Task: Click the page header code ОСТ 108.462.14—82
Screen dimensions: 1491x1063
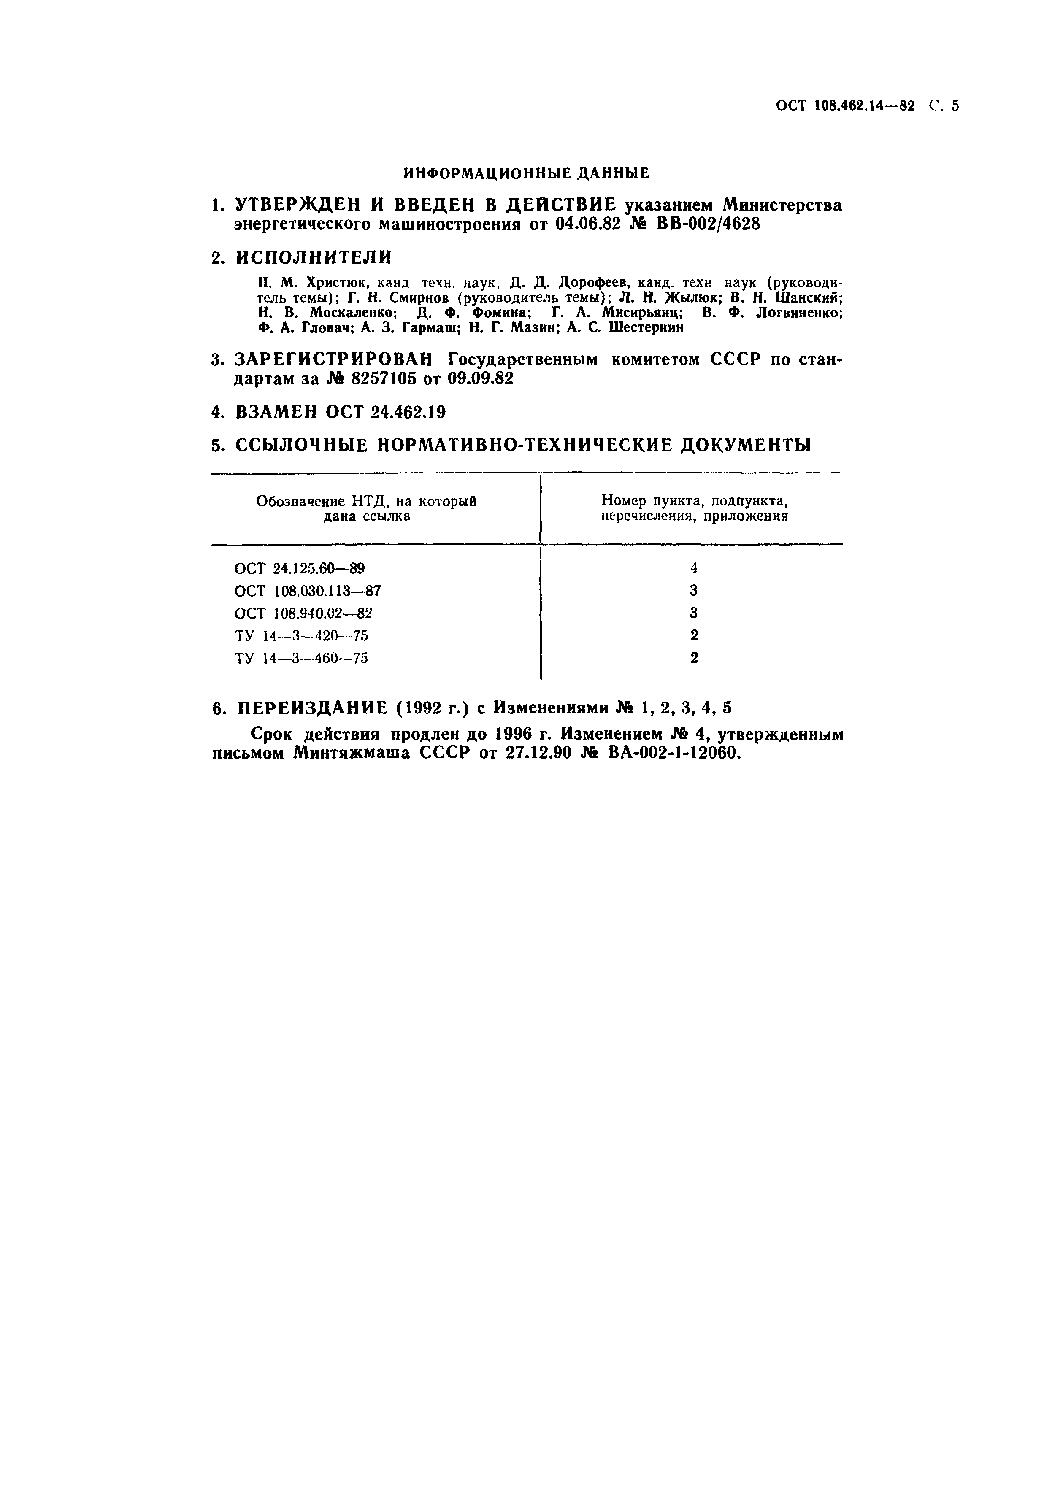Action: tap(844, 106)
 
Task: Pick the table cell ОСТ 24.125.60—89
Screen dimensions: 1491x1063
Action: tap(299, 568)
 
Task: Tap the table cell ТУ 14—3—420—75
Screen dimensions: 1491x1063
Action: tap(301, 635)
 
